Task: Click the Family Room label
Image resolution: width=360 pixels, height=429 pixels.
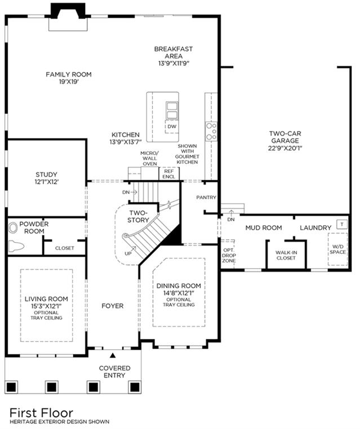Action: pyautogui.click(x=68, y=74)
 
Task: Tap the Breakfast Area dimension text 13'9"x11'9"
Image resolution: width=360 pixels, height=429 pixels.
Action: pyautogui.click(x=174, y=64)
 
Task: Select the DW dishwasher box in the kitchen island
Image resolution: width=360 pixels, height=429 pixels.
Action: pyautogui.click(x=172, y=127)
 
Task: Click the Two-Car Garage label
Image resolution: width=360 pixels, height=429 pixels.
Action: pyautogui.click(x=285, y=137)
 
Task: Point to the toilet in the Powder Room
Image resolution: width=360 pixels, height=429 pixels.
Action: pyautogui.click(x=16, y=246)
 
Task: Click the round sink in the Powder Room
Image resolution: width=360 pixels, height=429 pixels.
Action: pyautogui.click(x=13, y=228)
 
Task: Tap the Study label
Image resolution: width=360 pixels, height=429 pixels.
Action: pyautogui.click(x=47, y=175)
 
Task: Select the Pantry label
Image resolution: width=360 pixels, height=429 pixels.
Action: pyautogui.click(x=206, y=197)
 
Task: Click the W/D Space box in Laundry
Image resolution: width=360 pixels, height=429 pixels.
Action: pyautogui.click(x=337, y=249)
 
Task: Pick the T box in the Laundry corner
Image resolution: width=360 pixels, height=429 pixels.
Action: pyautogui.click(x=341, y=224)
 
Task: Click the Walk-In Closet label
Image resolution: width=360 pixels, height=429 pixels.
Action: pyautogui.click(x=286, y=255)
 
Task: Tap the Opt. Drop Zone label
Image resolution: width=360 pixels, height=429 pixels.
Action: pyautogui.click(x=229, y=256)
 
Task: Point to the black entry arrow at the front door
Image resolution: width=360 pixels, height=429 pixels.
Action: pyautogui.click(x=112, y=355)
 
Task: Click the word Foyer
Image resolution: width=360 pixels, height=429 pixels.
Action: pyautogui.click(x=113, y=306)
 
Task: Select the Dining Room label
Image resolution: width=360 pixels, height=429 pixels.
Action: pyautogui.click(x=179, y=286)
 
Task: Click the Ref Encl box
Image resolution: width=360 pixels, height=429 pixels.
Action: pyautogui.click(x=169, y=174)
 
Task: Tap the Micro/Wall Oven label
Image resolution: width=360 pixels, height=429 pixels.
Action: pyautogui.click(x=149, y=158)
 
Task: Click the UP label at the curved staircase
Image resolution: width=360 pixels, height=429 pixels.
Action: pyautogui.click(x=128, y=253)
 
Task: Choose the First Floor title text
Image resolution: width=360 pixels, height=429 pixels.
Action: pyautogui.click(x=41, y=413)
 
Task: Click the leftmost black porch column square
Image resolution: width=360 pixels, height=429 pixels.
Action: pyautogui.click(x=11, y=387)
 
